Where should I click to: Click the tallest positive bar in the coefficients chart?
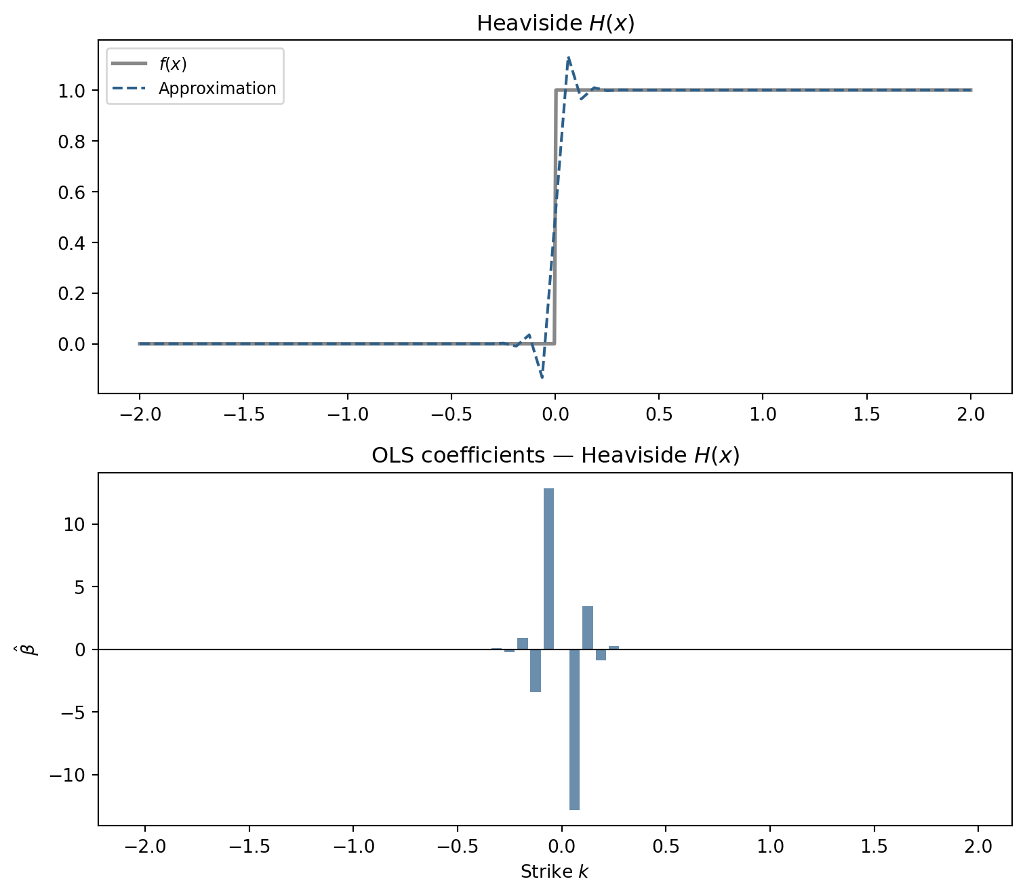pos(548,569)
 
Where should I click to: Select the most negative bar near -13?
pos(574,729)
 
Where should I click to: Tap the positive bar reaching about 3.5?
pos(588,628)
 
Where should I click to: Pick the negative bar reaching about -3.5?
pos(536,670)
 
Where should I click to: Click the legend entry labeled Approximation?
pos(217,89)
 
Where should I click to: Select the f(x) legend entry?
pos(173,64)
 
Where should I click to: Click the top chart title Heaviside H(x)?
pos(555,24)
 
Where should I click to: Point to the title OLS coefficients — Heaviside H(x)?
pos(555,456)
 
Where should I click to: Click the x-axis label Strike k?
pos(555,872)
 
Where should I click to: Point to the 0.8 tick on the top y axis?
pos(72,142)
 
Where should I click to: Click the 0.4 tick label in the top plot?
pos(72,243)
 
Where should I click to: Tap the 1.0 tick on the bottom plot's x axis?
pos(770,846)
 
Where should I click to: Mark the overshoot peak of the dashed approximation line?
pos(568,58)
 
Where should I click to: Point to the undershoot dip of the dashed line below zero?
pos(542,377)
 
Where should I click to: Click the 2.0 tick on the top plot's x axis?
pos(971,414)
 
